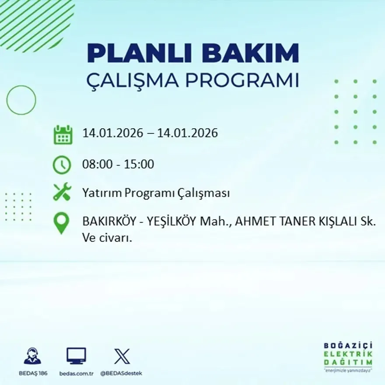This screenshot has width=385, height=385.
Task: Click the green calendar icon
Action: [x=63, y=135]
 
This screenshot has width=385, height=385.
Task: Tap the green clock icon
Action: [x=62, y=165]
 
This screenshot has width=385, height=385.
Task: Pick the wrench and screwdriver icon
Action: [x=62, y=192]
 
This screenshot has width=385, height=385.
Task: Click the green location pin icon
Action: [x=61, y=222]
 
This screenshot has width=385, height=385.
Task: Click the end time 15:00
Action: [x=140, y=164]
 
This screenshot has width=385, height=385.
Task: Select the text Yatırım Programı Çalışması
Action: [x=156, y=193]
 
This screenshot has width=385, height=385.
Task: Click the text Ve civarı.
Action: [x=107, y=238]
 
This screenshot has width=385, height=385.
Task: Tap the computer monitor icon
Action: [x=76, y=356]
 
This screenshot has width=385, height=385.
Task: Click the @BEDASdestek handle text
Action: [x=121, y=373]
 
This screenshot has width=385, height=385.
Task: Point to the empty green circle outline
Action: [x=21, y=100]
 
